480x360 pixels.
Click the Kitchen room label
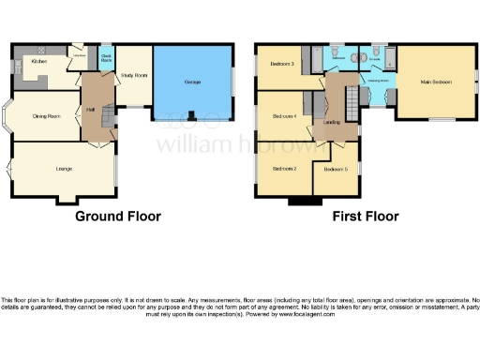[x=38, y=62]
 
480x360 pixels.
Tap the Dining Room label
[x=48, y=116]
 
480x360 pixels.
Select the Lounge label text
[x=65, y=169]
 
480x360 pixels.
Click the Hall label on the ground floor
[x=92, y=110]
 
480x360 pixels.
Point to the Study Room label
[x=135, y=75]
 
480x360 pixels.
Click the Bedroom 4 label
[x=284, y=115]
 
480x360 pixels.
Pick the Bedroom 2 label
[x=284, y=169]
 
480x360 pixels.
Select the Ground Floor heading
[x=118, y=217]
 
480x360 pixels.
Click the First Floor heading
[x=366, y=217]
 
